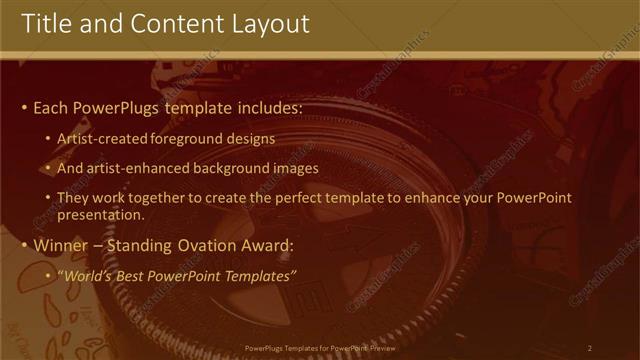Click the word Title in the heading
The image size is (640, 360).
(46, 23)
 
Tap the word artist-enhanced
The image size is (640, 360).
(131, 168)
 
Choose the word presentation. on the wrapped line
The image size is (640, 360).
(101, 214)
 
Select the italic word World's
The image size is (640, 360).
(84, 276)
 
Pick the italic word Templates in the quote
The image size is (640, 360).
(262, 276)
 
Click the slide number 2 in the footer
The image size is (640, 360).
(589, 348)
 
